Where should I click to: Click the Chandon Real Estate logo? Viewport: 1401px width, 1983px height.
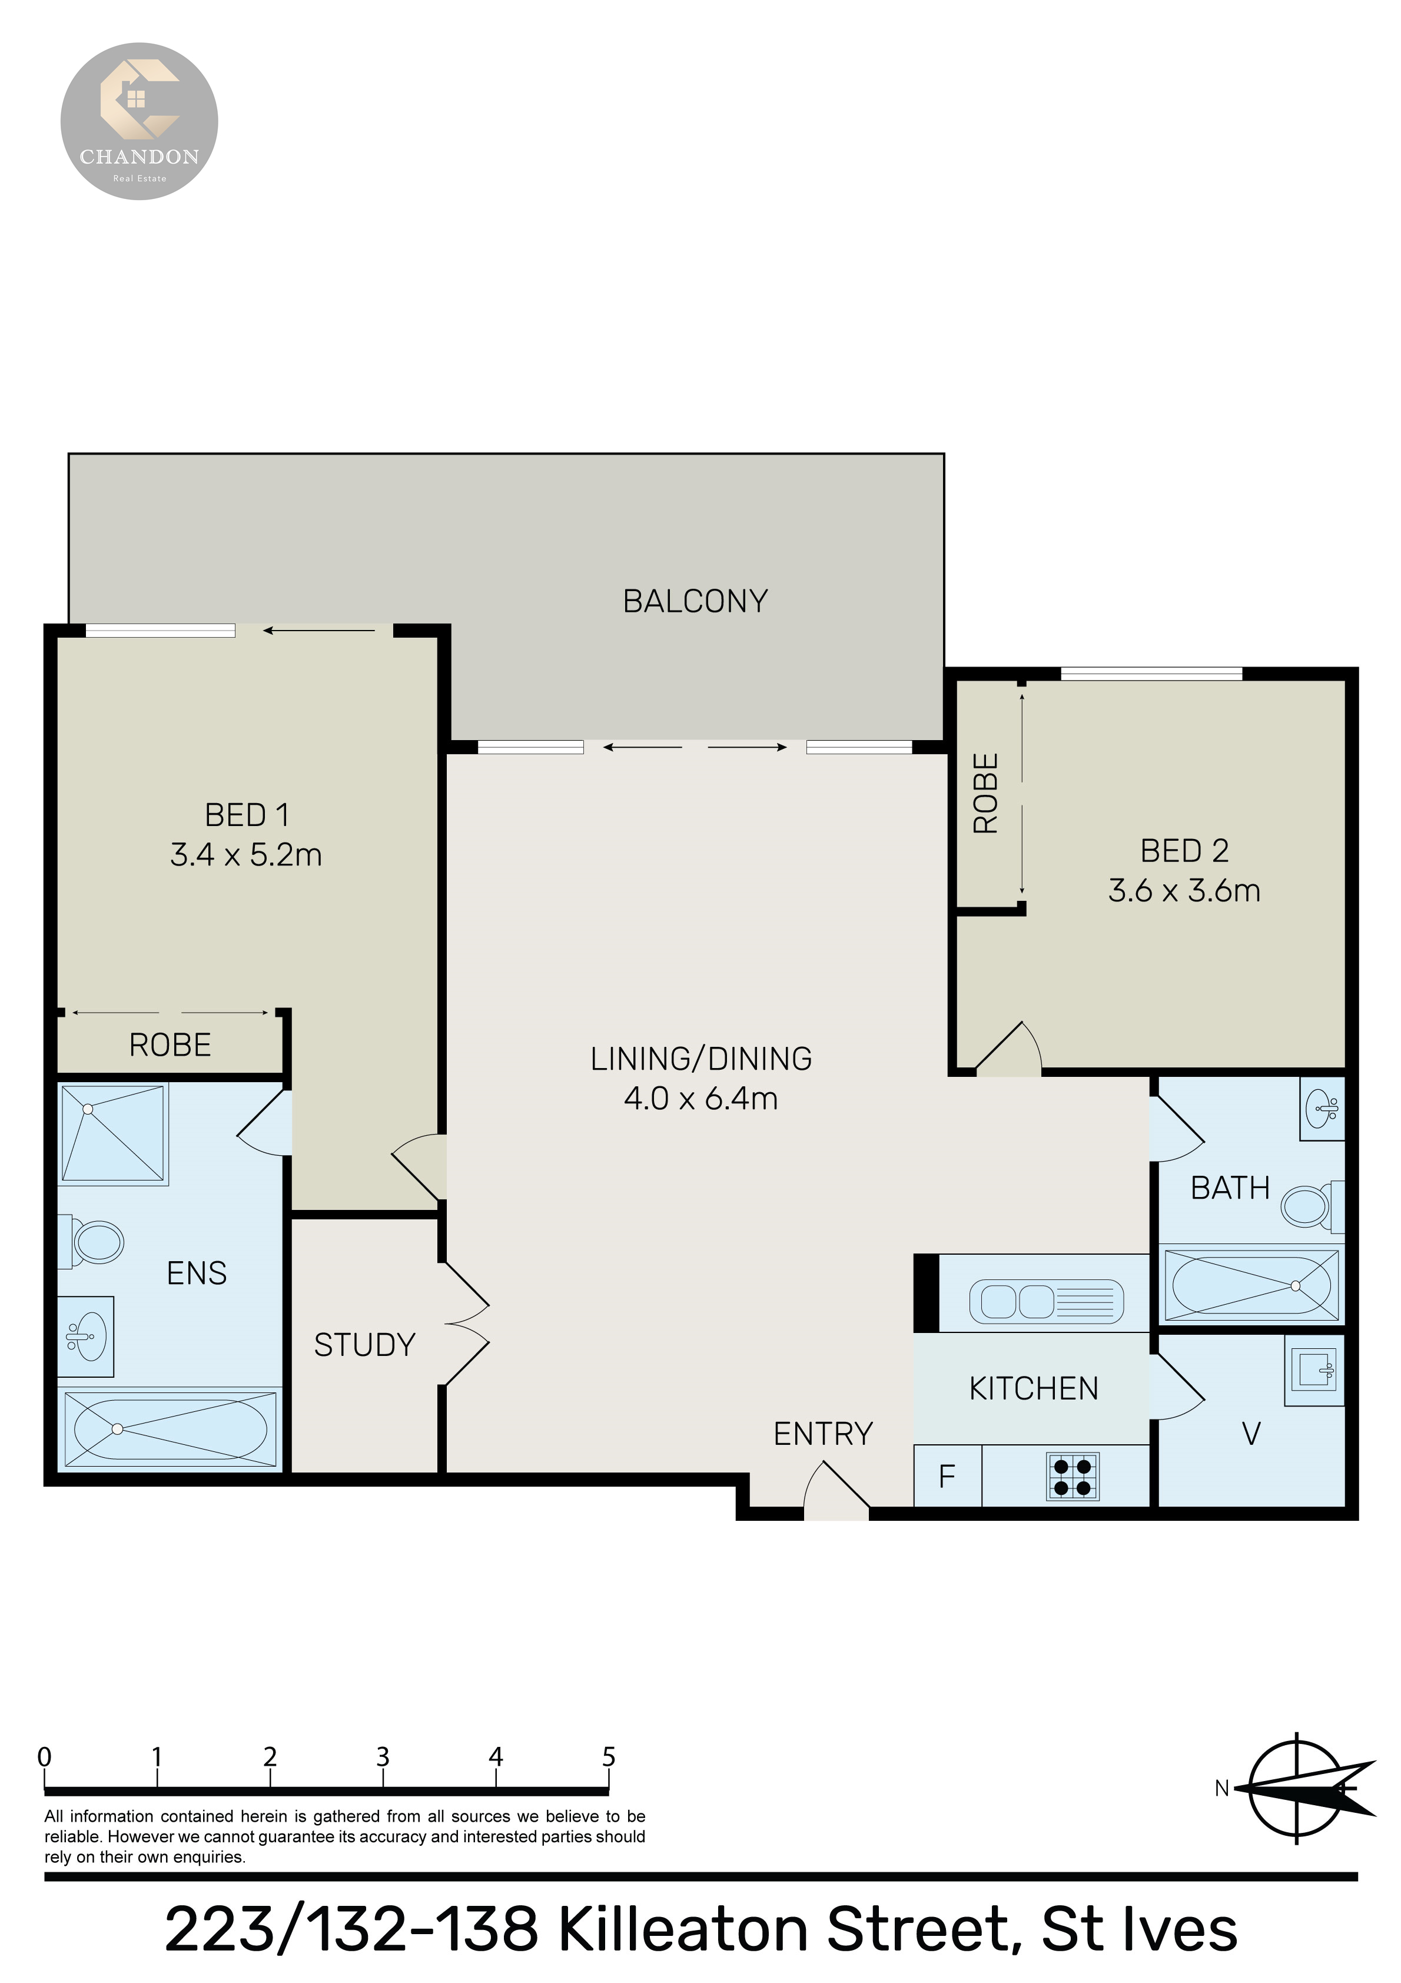[139, 122]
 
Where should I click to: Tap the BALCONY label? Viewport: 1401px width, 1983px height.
[695, 601]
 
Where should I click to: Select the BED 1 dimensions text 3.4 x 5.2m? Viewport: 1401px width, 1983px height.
[246, 855]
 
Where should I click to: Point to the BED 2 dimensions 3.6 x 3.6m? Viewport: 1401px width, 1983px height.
[1184, 890]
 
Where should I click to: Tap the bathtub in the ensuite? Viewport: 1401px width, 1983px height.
[170, 1428]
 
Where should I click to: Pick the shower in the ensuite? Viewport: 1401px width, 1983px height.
[113, 1133]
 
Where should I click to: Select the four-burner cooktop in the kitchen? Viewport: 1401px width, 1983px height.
[1073, 1476]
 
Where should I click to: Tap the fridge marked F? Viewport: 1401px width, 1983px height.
[948, 1476]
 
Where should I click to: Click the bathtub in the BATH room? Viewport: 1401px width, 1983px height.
[1251, 1285]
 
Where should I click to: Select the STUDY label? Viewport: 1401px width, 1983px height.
[364, 1345]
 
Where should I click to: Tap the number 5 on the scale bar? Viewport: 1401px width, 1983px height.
[608, 1757]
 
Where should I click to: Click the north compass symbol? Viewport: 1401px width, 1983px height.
[1298, 1788]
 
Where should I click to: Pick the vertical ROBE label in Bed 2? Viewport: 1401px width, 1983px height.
[985, 793]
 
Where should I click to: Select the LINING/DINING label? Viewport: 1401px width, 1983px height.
[701, 1059]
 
